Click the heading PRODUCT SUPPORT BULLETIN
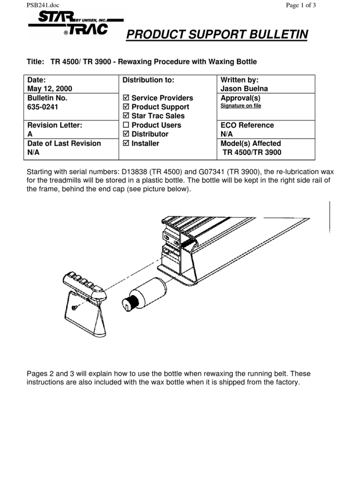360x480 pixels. coord(217,34)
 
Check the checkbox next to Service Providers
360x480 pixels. coord(126,98)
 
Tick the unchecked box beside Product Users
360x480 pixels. coord(126,125)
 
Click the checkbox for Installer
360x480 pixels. coord(126,144)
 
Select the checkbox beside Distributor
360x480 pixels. coord(126,134)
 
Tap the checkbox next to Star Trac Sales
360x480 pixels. coord(126,116)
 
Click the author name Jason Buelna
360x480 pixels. coord(244,89)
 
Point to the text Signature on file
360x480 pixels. coord(241,106)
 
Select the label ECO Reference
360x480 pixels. coord(247,125)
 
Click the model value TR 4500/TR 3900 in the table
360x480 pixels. coord(252,152)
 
